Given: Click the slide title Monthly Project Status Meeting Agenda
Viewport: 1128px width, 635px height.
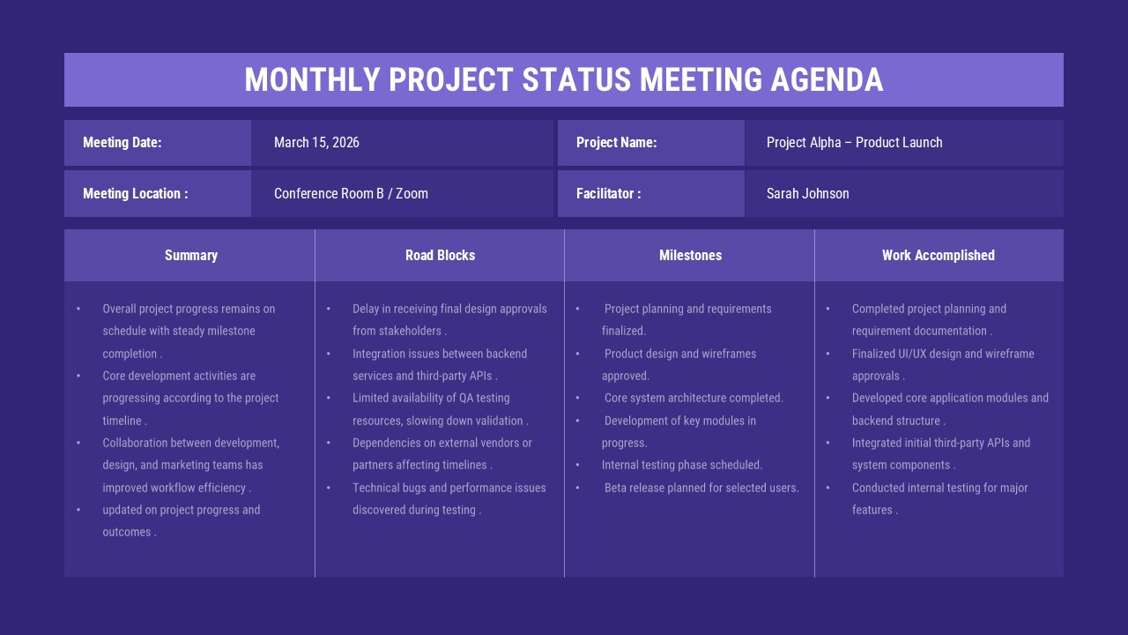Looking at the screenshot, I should tap(564, 79).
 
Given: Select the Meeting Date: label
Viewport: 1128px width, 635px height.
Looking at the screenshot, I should tap(122, 143).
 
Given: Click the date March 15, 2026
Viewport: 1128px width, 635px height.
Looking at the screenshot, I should tap(316, 143).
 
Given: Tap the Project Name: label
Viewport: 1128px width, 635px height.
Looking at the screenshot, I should tap(616, 143).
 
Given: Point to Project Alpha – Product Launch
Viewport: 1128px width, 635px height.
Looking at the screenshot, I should tap(854, 143).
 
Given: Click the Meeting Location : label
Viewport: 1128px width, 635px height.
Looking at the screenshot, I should tap(135, 194).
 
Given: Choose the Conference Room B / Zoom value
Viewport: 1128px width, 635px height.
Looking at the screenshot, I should tap(351, 194).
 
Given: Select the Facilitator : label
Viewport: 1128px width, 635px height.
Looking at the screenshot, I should tap(608, 194).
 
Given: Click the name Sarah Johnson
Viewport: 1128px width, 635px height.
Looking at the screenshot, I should tap(807, 194).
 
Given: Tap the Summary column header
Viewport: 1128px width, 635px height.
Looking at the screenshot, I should tap(190, 256).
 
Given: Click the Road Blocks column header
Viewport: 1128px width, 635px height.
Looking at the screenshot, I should tap(440, 256).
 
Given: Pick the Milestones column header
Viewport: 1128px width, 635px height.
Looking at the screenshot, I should tap(690, 256).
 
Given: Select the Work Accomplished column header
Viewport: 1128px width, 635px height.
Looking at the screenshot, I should tap(938, 256).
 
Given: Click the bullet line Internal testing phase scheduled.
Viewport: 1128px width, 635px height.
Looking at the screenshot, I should tap(682, 465).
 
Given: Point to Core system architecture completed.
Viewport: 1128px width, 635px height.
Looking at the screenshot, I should tap(694, 398).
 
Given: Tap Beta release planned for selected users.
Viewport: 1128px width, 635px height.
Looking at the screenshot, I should tap(701, 488).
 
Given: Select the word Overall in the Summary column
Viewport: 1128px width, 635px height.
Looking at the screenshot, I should tap(121, 309).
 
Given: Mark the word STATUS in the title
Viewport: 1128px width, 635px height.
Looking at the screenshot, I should tap(576, 79).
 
